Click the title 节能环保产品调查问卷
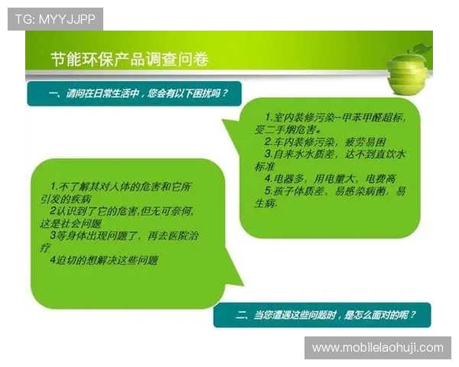click(x=129, y=60)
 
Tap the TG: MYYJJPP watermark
click(x=54, y=18)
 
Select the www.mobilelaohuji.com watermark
click(x=378, y=348)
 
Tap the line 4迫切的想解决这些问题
click(x=110, y=260)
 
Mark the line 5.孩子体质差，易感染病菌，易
click(x=335, y=190)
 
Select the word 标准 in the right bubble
click(x=265, y=166)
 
